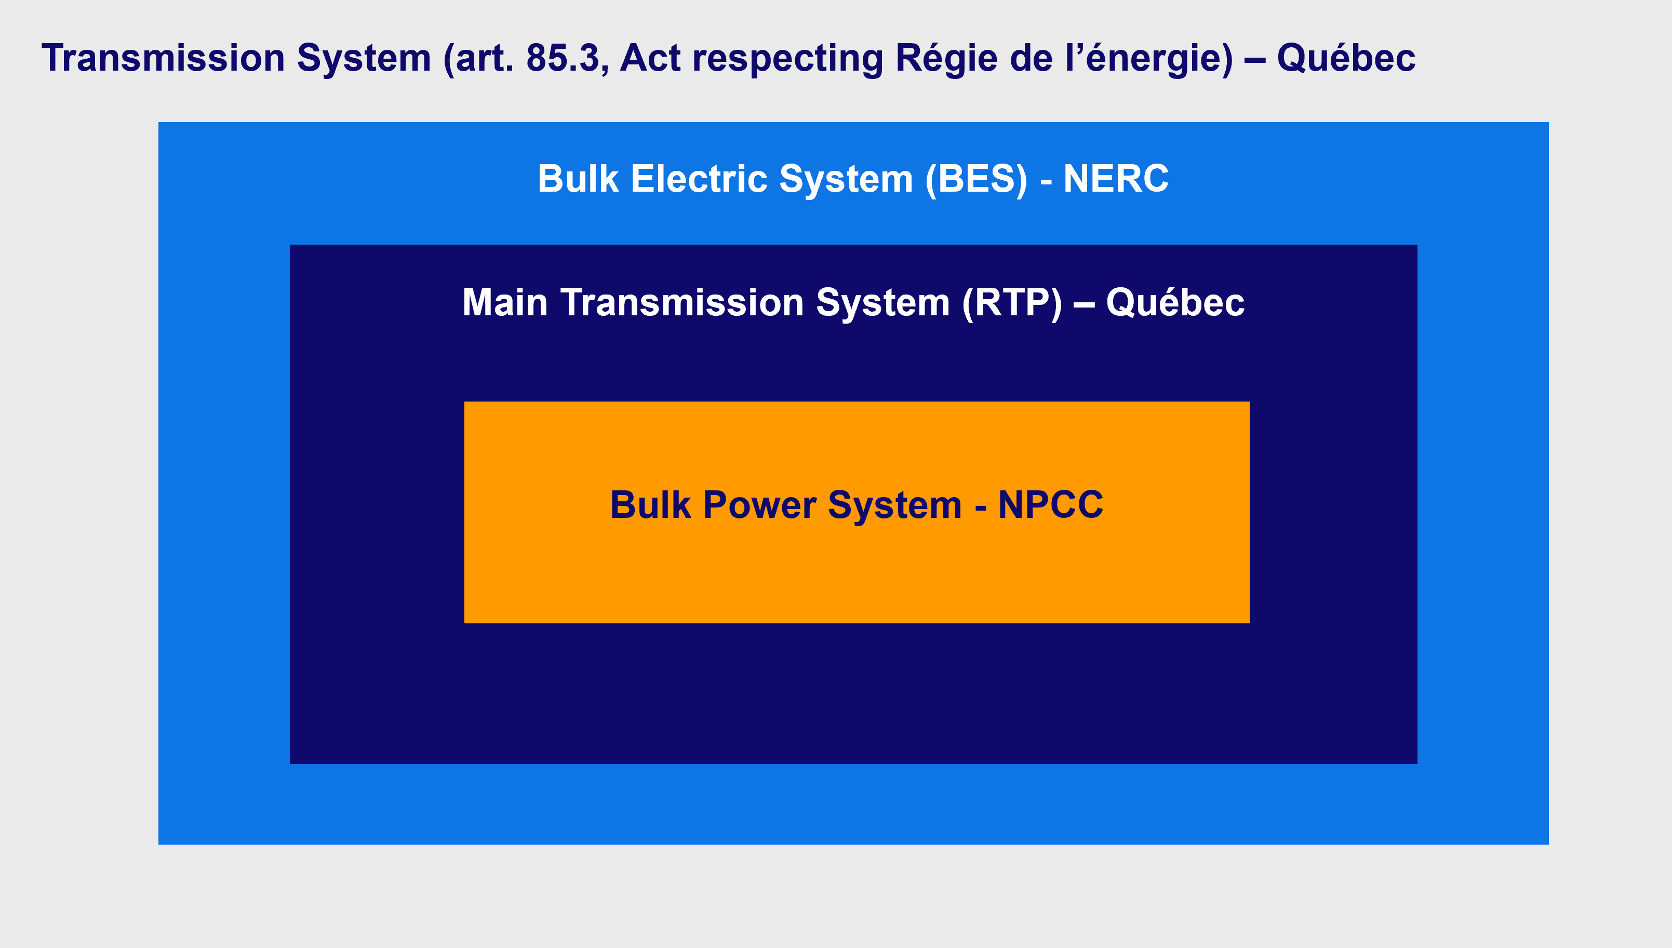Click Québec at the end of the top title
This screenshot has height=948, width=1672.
click(1346, 58)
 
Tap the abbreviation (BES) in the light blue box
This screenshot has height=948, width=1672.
click(977, 179)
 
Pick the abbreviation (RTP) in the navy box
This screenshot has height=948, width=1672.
click(1012, 303)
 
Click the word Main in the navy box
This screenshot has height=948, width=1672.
click(505, 303)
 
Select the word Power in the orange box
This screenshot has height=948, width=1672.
click(759, 505)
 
